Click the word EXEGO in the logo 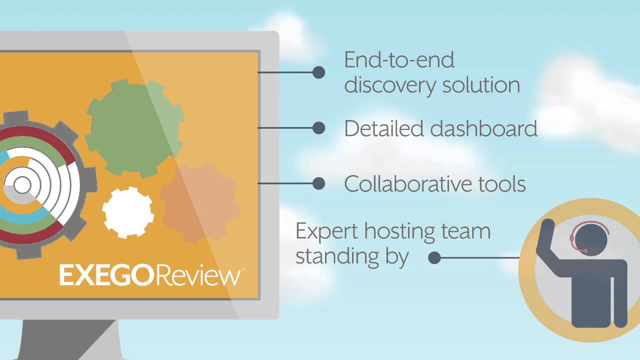pyautogui.click(x=103, y=275)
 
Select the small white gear pyautogui.click(x=128, y=212)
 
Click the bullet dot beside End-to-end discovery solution pyautogui.click(x=318, y=72)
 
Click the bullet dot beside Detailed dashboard pyautogui.click(x=318, y=128)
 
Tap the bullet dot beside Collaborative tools pyautogui.click(x=318, y=183)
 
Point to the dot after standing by pyautogui.click(x=434, y=258)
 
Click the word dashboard pyautogui.click(x=483, y=128)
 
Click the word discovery pyautogui.click(x=383, y=84)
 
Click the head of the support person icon pyautogui.click(x=590, y=238)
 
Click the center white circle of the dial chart pyautogui.click(x=22, y=185)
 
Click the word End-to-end pyautogui.click(x=399, y=60)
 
